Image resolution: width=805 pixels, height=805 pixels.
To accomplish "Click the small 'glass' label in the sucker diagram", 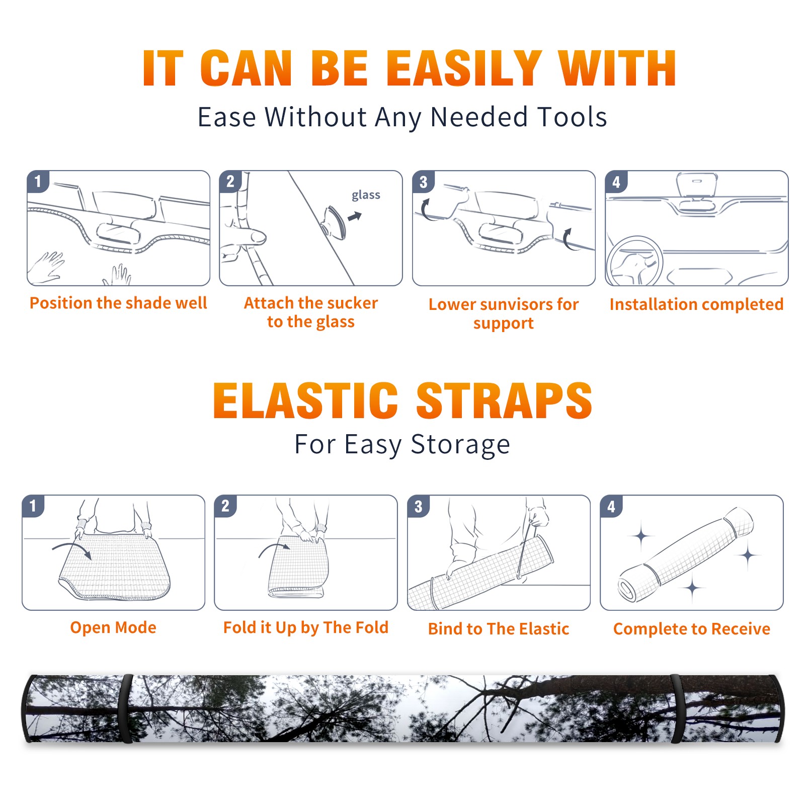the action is [x=366, y=195].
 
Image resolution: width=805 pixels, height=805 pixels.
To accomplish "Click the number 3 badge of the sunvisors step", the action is [x=423, y=182].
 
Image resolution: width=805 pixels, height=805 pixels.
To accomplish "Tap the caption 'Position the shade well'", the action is [x=118, y=303].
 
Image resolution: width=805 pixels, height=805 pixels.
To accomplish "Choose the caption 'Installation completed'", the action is [x=696, y=304].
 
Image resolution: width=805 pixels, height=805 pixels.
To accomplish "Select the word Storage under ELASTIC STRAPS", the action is [x=460, y=445].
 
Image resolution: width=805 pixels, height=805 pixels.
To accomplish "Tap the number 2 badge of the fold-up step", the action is [x=225, y=506].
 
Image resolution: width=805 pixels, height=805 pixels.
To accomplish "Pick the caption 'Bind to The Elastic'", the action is [x=499, y=629].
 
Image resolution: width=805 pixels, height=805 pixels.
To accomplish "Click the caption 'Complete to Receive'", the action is [x=692, y=629].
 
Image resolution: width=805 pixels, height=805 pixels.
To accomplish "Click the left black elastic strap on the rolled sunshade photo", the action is [x=125, y=709].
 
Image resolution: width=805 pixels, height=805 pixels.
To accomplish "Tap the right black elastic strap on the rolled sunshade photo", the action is [x=676, y=709].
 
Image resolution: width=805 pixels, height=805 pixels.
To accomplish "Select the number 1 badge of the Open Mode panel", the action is [x=33, y=506].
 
